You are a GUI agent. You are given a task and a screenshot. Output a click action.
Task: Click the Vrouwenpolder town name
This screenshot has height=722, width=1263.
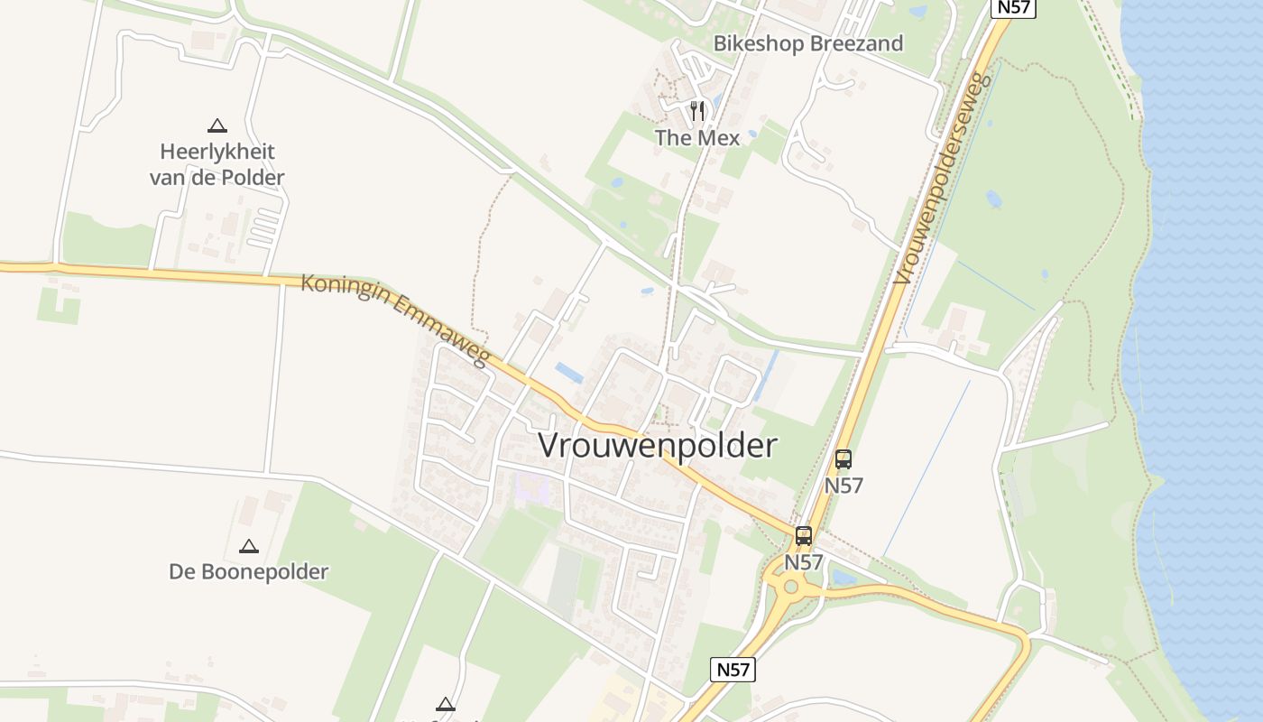[657, 446]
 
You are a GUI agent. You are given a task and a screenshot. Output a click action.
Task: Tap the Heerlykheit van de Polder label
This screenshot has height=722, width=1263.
[217, 163]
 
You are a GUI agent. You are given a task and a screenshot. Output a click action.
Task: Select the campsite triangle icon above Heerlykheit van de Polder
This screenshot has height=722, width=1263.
[217, 125]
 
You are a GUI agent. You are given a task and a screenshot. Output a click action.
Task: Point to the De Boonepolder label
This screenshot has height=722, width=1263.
[249, 571]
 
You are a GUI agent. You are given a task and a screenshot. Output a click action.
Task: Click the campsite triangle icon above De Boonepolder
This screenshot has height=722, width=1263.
[249, 546]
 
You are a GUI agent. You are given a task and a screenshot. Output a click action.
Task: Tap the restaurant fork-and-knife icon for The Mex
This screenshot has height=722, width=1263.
[696, 110]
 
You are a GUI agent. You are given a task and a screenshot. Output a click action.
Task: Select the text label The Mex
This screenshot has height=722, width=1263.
[697, 137]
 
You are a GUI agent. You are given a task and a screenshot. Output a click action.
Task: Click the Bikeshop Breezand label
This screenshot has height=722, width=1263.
[808, 43]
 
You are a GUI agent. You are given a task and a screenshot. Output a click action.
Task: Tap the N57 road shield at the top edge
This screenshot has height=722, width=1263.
[1012, 8]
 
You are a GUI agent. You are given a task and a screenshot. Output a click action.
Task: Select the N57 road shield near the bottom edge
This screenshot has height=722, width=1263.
[733, 670]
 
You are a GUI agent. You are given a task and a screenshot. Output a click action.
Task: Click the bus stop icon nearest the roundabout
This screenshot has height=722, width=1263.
[804, 536]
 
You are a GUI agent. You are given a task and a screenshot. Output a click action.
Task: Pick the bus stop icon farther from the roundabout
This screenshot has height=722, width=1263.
[844, 458]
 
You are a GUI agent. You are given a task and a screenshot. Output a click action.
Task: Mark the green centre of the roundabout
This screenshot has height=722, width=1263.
[791, 587]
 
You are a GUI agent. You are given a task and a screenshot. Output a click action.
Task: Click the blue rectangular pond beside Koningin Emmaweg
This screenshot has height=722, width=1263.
[569, 372]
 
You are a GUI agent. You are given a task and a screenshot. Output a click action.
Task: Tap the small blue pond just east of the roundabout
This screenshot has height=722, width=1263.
[844, 578]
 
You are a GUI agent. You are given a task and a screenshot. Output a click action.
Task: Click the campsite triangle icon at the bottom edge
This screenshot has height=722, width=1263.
[445, 704]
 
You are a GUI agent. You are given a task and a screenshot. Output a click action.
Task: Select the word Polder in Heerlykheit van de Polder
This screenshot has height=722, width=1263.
[253, 177]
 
